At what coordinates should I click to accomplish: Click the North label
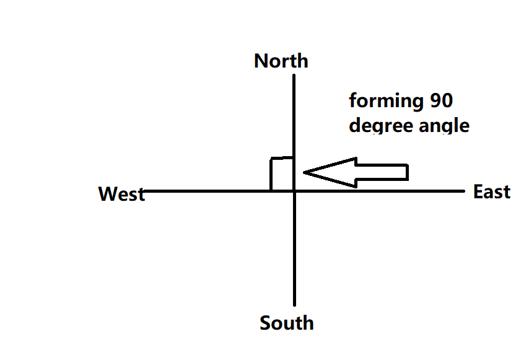(281, 61)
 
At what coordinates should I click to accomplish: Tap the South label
(287, 323)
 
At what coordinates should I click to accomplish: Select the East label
(492, 191)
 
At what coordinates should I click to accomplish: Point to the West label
(121, 194)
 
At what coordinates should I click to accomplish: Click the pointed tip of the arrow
(305, 172)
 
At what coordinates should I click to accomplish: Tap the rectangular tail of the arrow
(381, 172)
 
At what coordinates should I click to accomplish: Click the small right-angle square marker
(281, 174)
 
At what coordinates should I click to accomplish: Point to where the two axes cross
(294, 191)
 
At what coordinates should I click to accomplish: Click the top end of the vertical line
(294, 76)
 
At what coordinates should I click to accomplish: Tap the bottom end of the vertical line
(294, 305)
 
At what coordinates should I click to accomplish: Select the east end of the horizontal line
(463, 191)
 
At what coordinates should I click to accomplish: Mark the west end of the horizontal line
(144, 191)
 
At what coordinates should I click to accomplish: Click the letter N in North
(261, 61)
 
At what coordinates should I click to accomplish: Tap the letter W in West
(107, 194)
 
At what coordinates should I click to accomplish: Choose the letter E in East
(478, 191)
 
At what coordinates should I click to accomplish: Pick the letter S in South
(265, 323)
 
